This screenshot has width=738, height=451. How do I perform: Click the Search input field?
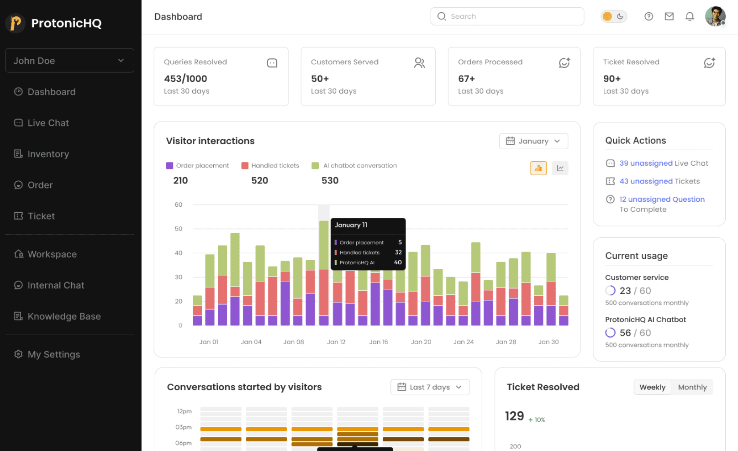tap(507, 16)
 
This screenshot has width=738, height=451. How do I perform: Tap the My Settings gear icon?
tap(18, 354)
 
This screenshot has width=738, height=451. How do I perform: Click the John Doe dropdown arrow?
tap(121, 61)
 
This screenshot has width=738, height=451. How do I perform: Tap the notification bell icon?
tap(690, 16)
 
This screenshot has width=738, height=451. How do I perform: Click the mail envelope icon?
tap(669, 16)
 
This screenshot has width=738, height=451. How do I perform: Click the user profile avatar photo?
tap(715, 16)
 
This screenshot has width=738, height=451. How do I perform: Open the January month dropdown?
tap(533, 141)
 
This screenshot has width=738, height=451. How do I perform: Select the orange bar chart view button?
tap(538, 168)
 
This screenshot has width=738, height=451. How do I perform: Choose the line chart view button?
tap(560, 168)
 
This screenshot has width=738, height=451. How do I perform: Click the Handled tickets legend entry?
tap(270, 166)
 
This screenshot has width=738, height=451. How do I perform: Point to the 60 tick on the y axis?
tap(178, 205)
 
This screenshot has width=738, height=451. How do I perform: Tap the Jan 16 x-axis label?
tap(379, 342)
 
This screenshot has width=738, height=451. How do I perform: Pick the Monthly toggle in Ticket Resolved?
tap(692, 387)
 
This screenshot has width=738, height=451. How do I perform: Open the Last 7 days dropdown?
tap(430, 387)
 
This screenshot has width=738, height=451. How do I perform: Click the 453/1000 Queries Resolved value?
tap(185, 79)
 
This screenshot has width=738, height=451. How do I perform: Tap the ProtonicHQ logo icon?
tap(16, 23)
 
